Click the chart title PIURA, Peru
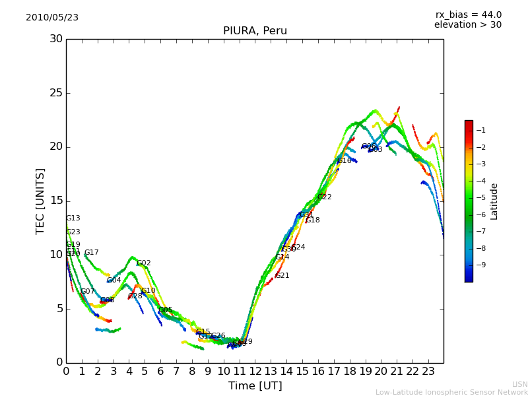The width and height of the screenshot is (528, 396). [x=255, y=31]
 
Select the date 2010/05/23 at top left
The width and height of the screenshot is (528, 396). [x=52, y=18]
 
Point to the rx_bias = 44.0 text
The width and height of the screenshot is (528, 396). [x=468, y=15]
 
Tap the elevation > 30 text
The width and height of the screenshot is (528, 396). [x=467, y=25]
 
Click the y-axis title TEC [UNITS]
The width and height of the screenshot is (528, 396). [x=40, y=201]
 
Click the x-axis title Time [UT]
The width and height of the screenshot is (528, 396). [x=255, y=386]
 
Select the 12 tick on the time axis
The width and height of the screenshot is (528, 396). [x=255, y=372]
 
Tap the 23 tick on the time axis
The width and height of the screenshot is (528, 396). [x=428, y=372]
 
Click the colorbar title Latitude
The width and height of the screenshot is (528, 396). [x=494, y=201]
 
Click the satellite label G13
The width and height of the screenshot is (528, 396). [x=73, y=218]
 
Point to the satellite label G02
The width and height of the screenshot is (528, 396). [x=143, y=263]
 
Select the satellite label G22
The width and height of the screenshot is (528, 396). [x=324, y=197]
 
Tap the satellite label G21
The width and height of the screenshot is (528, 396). [x=282, y=276]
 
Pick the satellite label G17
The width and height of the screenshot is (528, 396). [x=91, y=253]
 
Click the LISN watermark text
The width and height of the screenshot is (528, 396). [x=519, y=384]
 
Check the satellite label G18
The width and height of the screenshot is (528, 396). [x=312, y=220]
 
